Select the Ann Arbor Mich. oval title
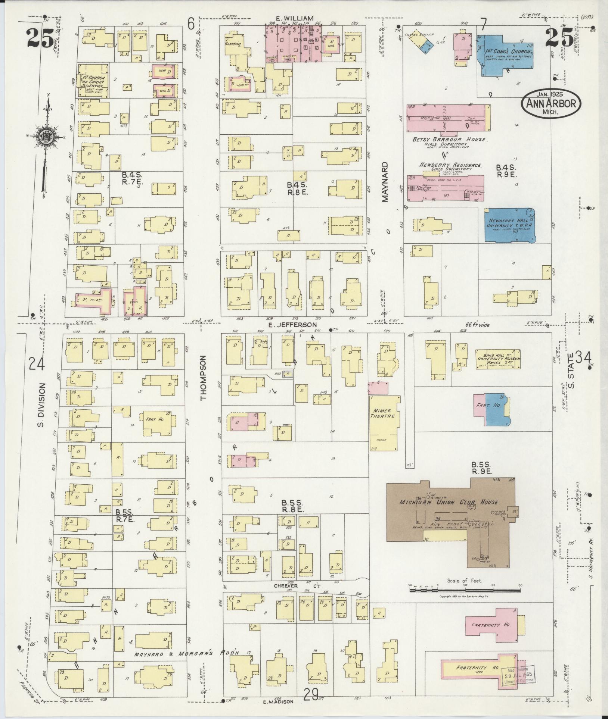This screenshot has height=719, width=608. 551,103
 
